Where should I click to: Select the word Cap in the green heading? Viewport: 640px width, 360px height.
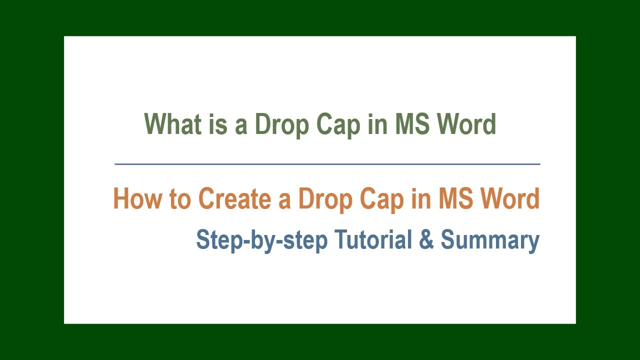pyautogui.click(x=338, y=124)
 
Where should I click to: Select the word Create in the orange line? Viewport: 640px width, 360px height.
pyautogui.click(x=235, y=198)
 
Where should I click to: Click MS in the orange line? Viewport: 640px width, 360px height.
pyautogui.click(x=455, y=198)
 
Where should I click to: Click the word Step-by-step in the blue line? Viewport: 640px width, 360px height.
pyautogui.click(x=261, y=240)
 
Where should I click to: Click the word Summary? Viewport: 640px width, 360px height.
pyautogui.click(x=490, y=240)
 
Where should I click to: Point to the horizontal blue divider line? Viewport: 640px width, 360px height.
pyautogui.click(x=327, y=163)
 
